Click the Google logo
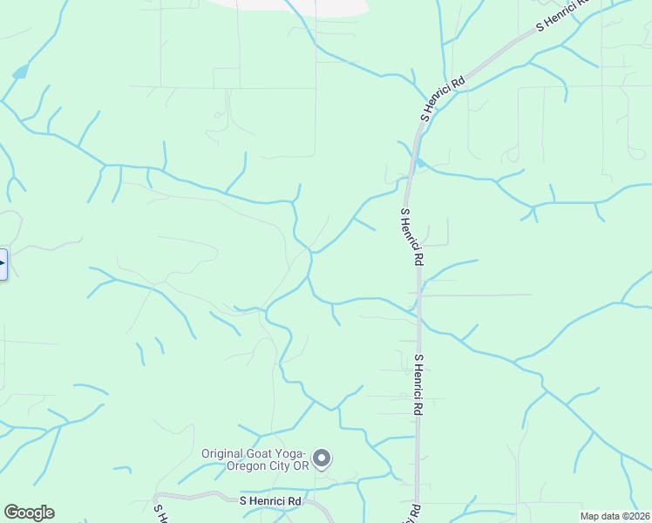point(29,513)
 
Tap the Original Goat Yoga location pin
point(323,458)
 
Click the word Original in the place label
point(226,453)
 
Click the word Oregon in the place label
point(247,465)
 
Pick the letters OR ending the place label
point(301,465)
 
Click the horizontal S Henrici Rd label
point(270,501)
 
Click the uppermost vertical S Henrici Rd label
point(411,236)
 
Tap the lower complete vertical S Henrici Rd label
point(418,384)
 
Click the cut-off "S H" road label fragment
point(159,509)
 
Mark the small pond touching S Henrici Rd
point(421,162)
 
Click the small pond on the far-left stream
point(19,72)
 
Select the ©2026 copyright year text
point(637,516)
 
